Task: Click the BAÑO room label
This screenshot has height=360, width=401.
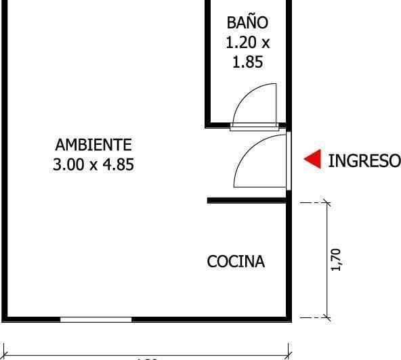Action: click(247, 23)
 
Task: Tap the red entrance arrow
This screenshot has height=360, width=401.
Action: click(312, 160)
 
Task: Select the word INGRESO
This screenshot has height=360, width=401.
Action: click(364, 160)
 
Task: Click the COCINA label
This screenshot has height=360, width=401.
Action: click(236, 261)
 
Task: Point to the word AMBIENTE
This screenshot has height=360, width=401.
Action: click(93, 145)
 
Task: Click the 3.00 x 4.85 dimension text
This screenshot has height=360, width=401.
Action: click(93, 164)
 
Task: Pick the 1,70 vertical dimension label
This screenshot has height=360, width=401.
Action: click(337, 259)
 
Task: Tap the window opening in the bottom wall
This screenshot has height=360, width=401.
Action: click(96, 319)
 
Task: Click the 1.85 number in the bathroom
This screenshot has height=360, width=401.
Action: click(247, 62)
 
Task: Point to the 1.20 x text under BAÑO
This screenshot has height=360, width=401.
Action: click(247, 43)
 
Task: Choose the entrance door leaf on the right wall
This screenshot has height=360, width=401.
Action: click(289, 160)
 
